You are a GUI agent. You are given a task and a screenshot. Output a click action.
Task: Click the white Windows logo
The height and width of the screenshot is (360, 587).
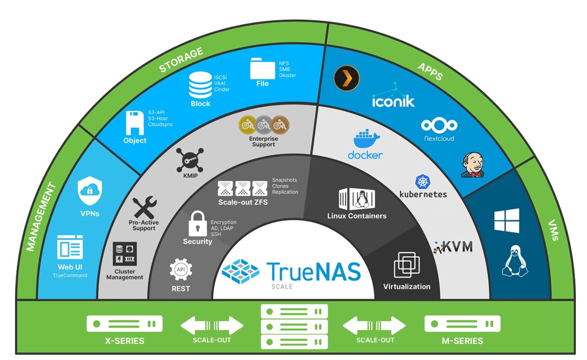click(507, 221)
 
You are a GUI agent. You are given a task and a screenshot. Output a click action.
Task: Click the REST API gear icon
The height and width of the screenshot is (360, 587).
click(181, 269)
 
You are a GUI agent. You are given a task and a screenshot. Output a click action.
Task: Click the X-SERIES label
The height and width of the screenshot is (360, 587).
click(125, 341)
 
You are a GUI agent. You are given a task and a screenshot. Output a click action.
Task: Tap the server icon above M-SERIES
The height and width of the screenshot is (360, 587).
click(462, 323)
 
